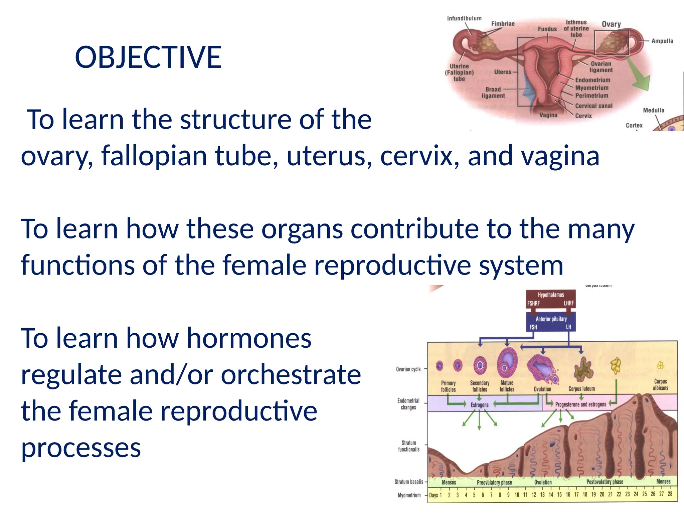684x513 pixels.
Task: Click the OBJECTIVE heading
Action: coord(148,57)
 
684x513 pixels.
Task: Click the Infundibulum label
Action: coord(464,18)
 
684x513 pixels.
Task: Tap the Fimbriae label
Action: coord(503,24)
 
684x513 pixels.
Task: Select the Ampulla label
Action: coord(662,41)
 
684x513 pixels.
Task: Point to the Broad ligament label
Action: coord(493,93)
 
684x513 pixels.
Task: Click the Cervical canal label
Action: coord(593,106)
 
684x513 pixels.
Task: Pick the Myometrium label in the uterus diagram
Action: coord(591,88)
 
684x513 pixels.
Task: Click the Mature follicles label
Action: coord(507,386)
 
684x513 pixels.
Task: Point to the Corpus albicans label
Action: coord(660,384)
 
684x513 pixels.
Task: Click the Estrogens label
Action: coord(479,405)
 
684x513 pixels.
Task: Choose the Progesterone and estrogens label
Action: coord(580,404)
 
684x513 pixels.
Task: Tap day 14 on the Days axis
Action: coord(551,495)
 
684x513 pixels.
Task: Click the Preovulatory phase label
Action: coord(494,482)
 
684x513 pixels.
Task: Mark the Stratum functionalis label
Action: coord(408,446)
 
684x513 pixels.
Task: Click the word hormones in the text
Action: coord(249,338)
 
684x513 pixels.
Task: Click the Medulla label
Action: coord(654,110)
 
